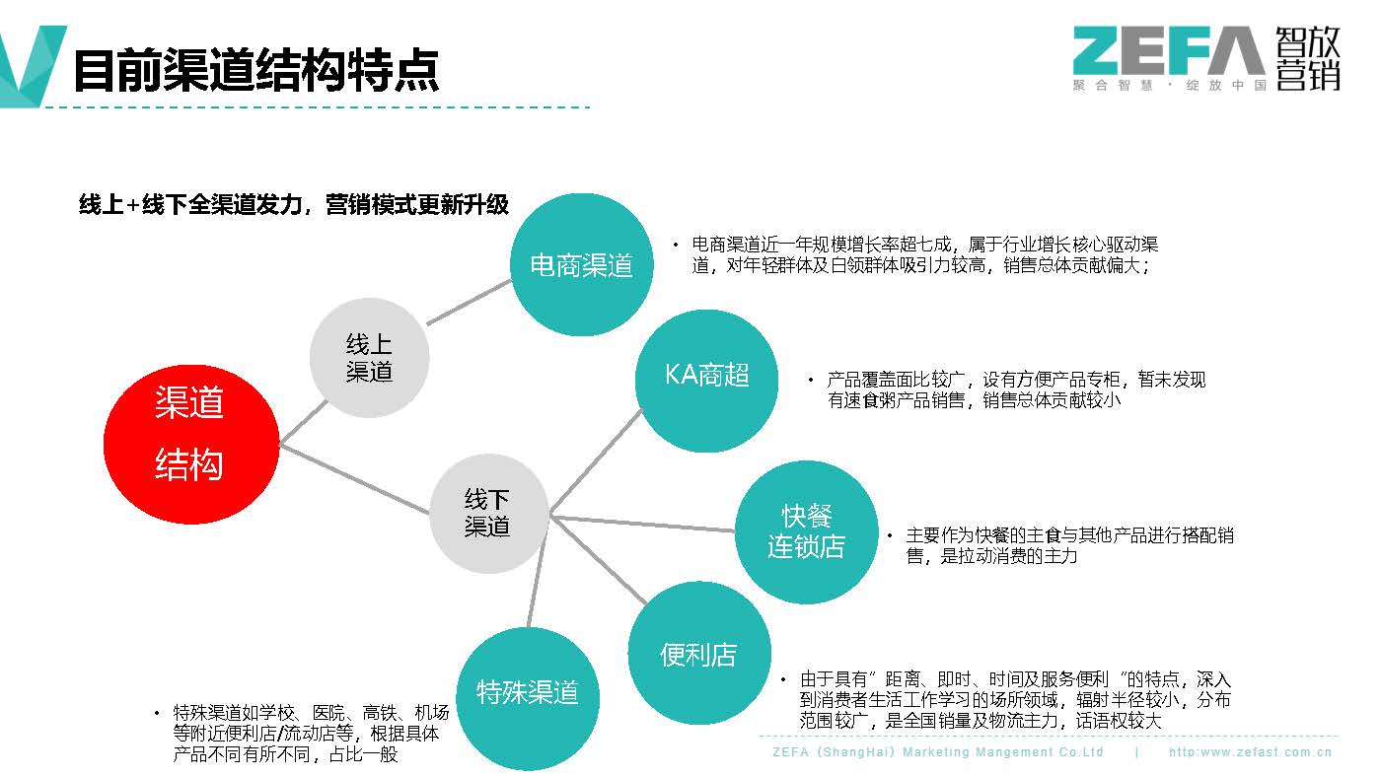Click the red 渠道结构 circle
(190, 444)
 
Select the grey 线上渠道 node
(369, 358)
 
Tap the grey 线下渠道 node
(488, 514)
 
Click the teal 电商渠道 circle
(581, 264)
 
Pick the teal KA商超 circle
(706, 376)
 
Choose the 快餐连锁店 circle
(806, 531)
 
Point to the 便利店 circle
(698, 654)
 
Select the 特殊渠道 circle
(527, 693)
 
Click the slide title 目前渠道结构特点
(256, 71)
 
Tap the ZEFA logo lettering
(1168, 51)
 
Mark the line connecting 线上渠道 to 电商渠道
(469, 302)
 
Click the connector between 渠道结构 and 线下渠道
(355, 478)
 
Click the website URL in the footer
(1250, 752)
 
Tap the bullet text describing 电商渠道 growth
(922, 254)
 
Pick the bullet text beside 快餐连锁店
(1069, 545)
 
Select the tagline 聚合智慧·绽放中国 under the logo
(1169, 86)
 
